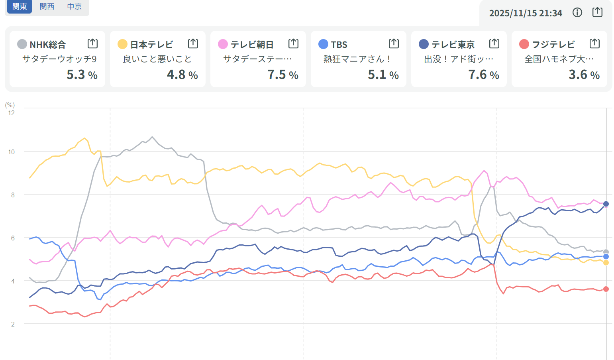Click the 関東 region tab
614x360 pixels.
tap(20, 6)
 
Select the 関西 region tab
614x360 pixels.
tap(47, 6)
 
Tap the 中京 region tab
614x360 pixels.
tap(75, 6)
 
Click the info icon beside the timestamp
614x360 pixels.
tap(577, 13)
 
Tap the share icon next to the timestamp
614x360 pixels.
tap(597, 12)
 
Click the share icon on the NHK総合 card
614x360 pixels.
tap(92, 43)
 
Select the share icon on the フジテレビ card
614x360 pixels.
tap(594, 43)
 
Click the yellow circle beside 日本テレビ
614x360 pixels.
tap(122, 44)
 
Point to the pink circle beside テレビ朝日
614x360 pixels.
tap(223, 44)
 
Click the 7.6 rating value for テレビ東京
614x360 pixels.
tap(477, 75)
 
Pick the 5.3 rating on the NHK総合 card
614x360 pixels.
tap(76, 75)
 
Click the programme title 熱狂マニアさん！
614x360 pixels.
tap(357, 59)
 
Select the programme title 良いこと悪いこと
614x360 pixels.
tap(157, 59)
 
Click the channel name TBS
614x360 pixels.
tap(339, 44)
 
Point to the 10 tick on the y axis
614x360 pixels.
tap(11, 152)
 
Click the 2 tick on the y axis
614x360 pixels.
tap(13, 324)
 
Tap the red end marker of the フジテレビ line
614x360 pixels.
tap(606, 289)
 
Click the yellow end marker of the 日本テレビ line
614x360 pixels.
tap(606, 263)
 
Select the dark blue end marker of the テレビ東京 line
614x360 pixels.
tap(606, 204)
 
